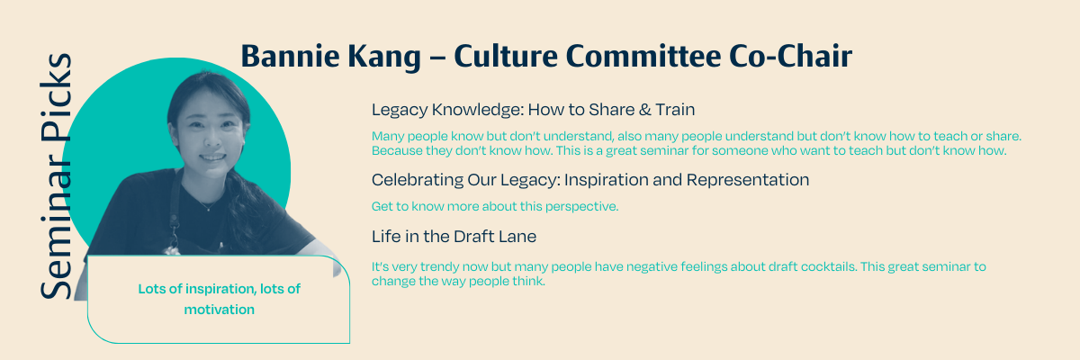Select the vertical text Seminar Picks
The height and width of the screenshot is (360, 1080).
coord(56,175)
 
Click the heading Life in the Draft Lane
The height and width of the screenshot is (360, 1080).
coord(454,237)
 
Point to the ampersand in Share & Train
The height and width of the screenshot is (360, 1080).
coord(644,110)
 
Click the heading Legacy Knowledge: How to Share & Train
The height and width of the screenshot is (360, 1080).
coord(533,110)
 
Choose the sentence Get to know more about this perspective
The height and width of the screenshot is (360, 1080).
coord(495,206)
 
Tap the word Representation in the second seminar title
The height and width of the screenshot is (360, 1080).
coord(748,180)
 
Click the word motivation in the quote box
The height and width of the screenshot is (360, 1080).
coord(220,310)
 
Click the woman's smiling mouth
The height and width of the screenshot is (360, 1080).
coord(212,157)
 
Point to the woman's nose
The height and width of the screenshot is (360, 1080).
coord(211,139)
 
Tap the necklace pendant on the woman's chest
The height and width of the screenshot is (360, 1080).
coord(208,209)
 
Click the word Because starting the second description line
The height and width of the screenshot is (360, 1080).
coord(397,151)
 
